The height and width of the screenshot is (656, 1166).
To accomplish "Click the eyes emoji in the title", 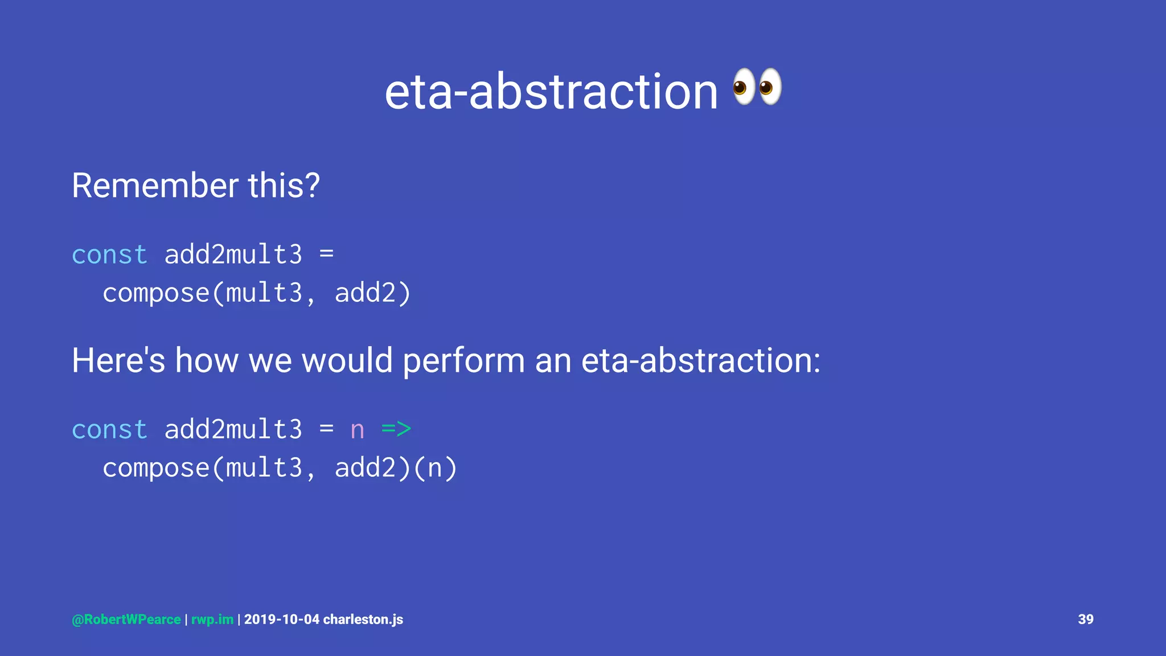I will pyautogui.click(x=757, y=87).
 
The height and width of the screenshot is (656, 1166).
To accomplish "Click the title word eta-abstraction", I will pyautogui.click(x=551, y=92).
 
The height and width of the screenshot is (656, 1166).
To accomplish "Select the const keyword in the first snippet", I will pyautogui.click(x=109, y=255).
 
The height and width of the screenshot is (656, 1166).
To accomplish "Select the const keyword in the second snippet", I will pyautogui.click(x=109, y=429).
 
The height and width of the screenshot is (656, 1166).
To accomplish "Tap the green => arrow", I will pyautogui.click(x=396, y=429).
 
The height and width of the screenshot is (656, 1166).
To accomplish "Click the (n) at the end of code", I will pyautogui.click(x=435, y=468).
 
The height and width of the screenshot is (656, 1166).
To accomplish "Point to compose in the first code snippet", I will pyautogui.click(x=156, y=294).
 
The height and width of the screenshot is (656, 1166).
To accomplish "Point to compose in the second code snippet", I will pyautogui.click(x=156, y=469).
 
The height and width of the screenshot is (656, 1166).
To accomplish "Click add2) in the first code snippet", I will pyautogui.click(x=372, y=293).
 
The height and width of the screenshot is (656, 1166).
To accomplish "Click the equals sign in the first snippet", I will pyautogui.click(x=326, y=253).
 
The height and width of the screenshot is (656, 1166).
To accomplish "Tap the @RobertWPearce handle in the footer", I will pyautogui.click(x=126, y=620).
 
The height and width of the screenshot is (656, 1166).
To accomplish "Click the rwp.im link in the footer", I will pyautogui.click(x=212, y=620).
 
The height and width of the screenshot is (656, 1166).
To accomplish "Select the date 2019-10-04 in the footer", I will pyautogui.click(x=282, y=620).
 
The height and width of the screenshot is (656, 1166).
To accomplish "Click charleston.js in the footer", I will pyautogui.click(x=363, y=620).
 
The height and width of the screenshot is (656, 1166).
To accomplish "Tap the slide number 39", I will pyautogui.click(x=1085, y=620).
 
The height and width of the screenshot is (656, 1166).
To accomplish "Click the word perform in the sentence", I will pyautogui.click(x=463, y=362).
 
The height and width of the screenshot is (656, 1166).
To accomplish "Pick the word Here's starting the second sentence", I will pyautogui.click(x=118, y=360).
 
